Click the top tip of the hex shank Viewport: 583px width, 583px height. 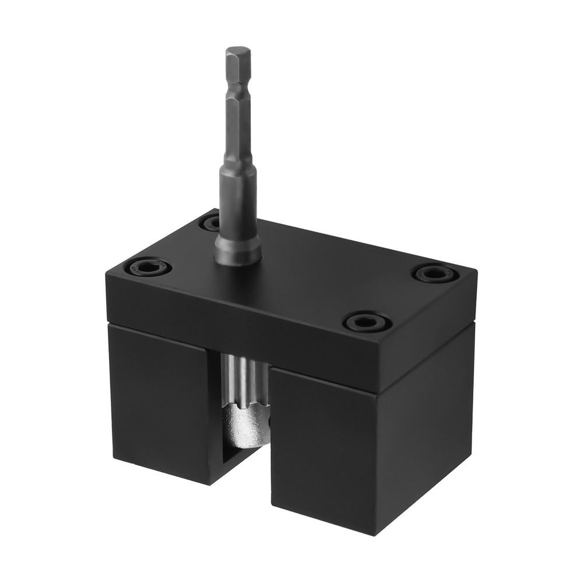click(x=238, y=50)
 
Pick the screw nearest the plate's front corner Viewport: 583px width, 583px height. click(x=366, y=321)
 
